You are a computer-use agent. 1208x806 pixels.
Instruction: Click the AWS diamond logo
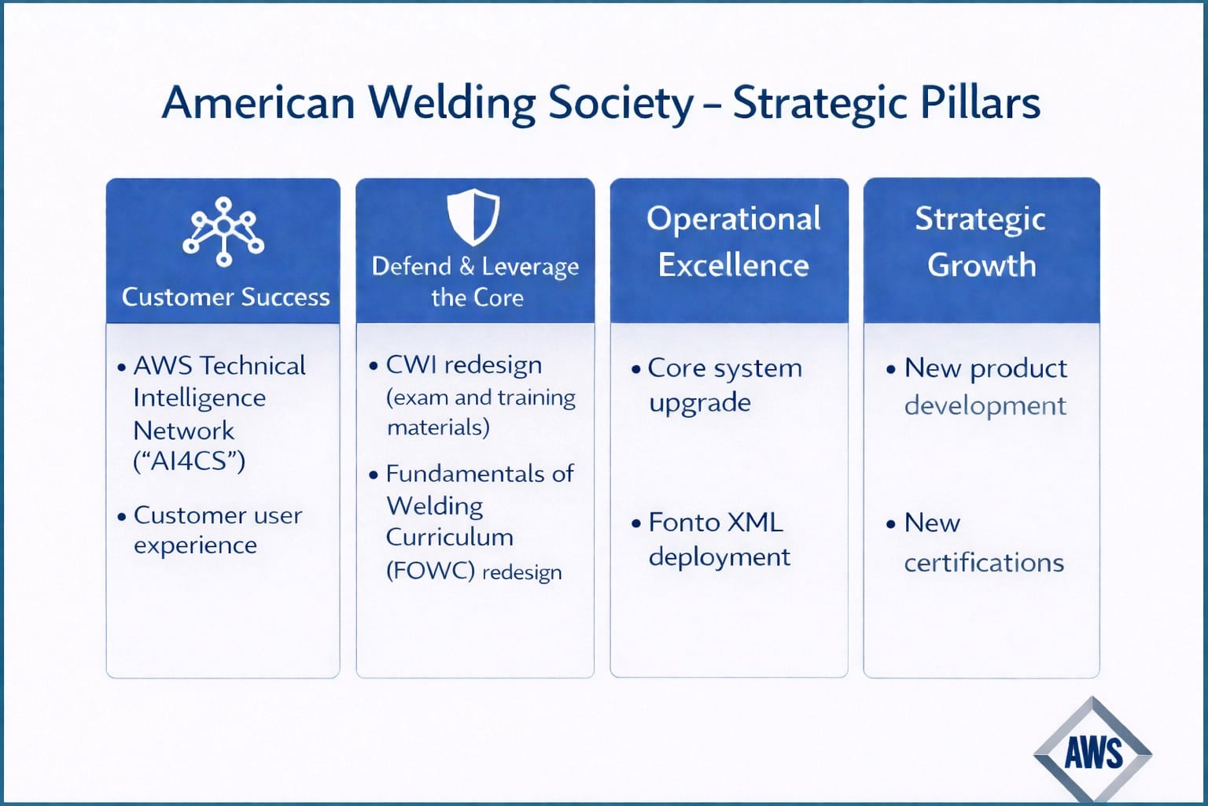1092,752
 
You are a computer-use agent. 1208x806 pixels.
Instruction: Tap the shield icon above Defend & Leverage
473,216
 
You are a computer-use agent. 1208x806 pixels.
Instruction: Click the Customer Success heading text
226,297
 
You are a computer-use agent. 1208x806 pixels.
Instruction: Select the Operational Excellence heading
733,242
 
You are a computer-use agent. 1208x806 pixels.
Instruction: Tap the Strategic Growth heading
981,242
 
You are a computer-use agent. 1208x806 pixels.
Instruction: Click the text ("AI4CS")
190,460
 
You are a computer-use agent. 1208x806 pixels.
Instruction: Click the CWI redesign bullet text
463,365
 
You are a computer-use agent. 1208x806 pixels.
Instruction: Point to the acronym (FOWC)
429,571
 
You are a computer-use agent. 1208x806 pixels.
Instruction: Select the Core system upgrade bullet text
724,385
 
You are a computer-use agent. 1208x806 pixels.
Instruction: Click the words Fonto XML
715,523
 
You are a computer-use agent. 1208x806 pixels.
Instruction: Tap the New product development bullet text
985,386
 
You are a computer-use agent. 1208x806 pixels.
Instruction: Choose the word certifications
983,563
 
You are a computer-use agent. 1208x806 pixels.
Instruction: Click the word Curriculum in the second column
449,538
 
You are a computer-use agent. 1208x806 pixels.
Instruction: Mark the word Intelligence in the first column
199,398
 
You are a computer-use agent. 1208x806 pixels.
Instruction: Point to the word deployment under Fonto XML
719,557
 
